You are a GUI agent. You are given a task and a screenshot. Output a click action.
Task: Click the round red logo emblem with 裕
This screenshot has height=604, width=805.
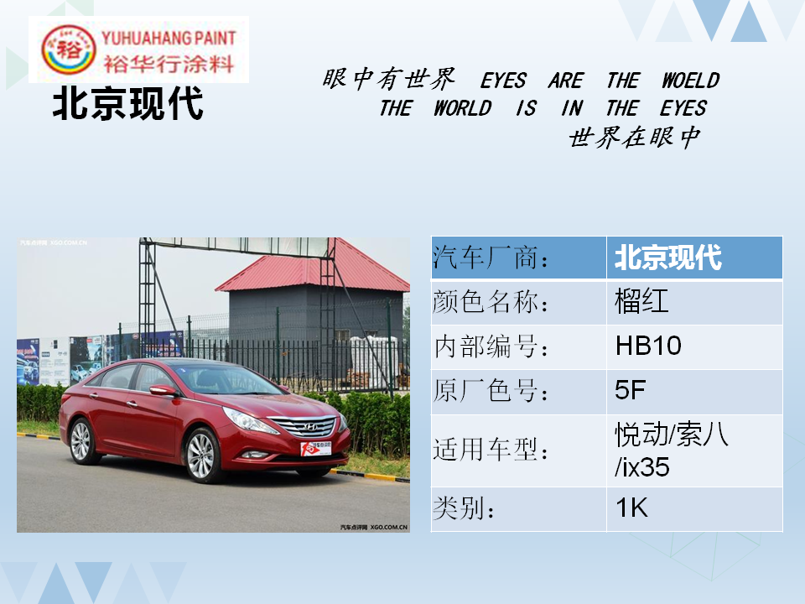pyautogui.click(x=68, y=49)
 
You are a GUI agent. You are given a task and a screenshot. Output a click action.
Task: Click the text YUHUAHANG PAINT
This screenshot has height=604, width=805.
pyautogui.click(x=169, y=38)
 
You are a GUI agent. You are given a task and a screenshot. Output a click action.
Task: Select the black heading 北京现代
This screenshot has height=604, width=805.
pyautogui.click(x=128, y=104)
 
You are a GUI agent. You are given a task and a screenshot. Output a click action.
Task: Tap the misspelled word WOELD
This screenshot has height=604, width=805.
pyautogui.click(x=690, y=81)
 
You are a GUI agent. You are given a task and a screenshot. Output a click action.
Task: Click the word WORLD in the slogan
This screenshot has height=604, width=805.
pyautogui.click(x=462, y=108)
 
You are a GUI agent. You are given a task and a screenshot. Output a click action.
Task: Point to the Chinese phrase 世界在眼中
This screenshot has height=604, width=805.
pyautogui.click(x=635, y=138)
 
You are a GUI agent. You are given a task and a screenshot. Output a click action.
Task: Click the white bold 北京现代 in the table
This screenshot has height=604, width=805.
pyautogui.click(x=668, y=258)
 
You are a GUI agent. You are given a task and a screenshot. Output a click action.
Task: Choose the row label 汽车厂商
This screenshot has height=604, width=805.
pyautogui.click(x=491, y=258)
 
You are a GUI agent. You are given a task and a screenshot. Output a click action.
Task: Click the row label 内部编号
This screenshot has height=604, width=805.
pyautogui.click(x=491, y=346)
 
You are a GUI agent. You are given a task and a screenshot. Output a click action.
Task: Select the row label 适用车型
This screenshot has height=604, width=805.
pyautogui.click(x=491, y=450)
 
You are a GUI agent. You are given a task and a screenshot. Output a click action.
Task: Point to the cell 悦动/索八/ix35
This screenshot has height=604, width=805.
pyautogui.click(x=672, y=450)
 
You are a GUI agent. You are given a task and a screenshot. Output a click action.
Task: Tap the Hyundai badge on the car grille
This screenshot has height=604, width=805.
pyautogui.click(x=309, y=426)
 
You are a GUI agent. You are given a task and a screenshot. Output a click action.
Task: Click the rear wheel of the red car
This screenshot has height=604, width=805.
pyautogui.click(x=81, y=440)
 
